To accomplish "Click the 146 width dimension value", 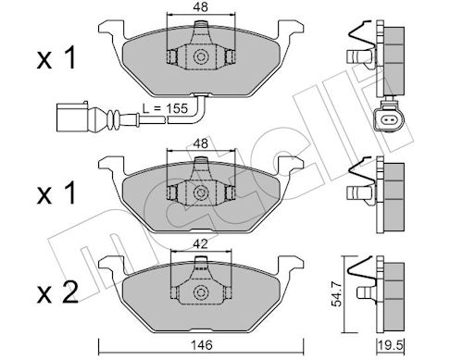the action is point(201,345).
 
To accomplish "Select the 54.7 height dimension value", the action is point(337,295).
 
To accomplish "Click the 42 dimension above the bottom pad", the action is point(201,244).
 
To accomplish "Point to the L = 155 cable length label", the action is point(165,108).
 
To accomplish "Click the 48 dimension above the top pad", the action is point(201,6).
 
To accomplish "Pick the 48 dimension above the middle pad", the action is point(201,143).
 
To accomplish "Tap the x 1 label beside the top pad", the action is point(56,57).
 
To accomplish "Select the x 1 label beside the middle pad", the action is point(56,192).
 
